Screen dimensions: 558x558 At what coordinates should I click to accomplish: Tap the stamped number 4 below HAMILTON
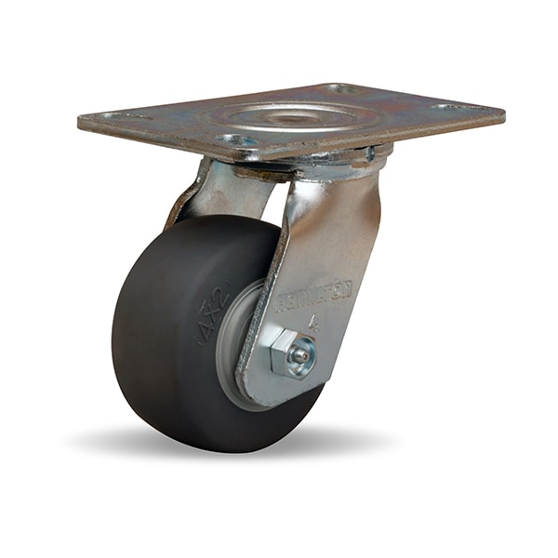[x=316, y=326]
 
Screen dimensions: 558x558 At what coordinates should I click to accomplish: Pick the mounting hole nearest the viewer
[x=235, y=140]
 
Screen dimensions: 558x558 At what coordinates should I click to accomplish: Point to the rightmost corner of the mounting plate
[x=503, y=116]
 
